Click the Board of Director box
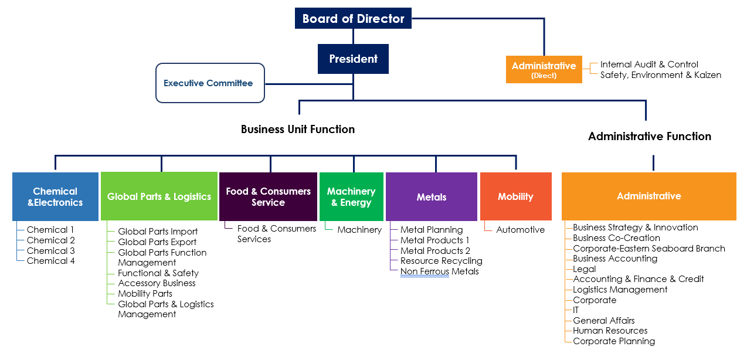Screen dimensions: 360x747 coord(353,18)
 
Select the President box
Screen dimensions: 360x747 coord(353,59)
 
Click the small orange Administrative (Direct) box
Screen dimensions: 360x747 coord(544,69)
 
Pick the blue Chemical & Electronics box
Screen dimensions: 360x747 coord(55,196)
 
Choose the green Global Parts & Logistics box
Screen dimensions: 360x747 coord(159,196)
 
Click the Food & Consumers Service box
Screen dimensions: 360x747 coord(268,196)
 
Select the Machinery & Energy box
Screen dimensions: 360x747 coord(351,196)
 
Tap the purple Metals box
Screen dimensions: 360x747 coord(432,196)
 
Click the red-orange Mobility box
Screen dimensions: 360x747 coord(515,196)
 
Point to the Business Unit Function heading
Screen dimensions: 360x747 coord(298,130)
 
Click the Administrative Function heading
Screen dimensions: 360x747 coord(650,137)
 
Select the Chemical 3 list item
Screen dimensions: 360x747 coord(51,250)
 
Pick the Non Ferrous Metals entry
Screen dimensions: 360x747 coord(439,271)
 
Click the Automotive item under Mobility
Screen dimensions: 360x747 coord(520,230)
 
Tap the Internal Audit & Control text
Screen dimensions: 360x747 coord(649,64)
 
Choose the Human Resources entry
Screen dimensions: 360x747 coord(610,331)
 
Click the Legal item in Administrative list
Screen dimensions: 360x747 coord(584,269)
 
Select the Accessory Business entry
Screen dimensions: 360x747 coord(157,283)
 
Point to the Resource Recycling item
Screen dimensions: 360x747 coord(441,261)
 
